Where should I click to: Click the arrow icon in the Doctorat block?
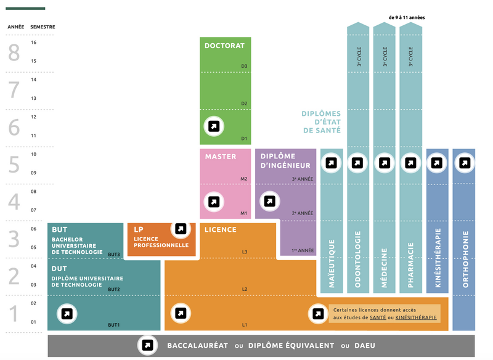click(213, 126)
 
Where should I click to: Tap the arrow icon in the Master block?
click(213, 202)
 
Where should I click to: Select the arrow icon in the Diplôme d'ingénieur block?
click(269, 202)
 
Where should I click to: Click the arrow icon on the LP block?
click(180, 229)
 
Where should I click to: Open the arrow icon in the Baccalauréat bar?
click(147, 345)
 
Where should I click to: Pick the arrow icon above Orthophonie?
click(465, 163)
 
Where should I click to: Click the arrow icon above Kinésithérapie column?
click(437, 163)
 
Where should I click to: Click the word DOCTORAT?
click(224, 46)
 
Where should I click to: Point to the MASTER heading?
click(220, 157)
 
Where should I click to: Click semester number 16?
click(33, 43)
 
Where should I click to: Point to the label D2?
click(244, 104)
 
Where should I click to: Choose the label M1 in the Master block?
click(243, 213)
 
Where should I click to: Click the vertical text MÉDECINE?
click(385, 269)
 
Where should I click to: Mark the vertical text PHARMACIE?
click(410, 268)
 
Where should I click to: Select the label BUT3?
click(113, 254)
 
